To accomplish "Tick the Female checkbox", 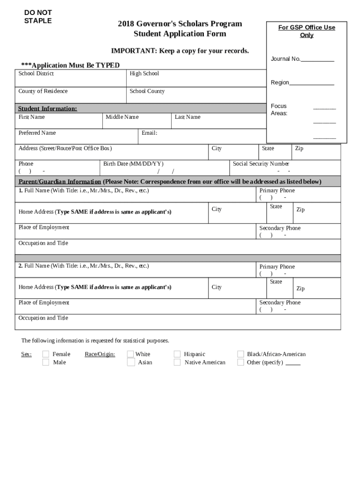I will pyautogui.click(x=45, y=354).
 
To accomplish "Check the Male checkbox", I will pyautogui.click(x=45, y=362).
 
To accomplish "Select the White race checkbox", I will pyautogui.click(x=130, y=354).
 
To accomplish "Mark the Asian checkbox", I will pyautogui.click(x=130, y=362).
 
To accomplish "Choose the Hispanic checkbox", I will pyautogui.click(x=177, y=354).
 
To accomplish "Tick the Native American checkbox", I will pyautogui.click(x=177, y=362).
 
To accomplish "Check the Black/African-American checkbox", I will pyautogui.click(x=240, y=354).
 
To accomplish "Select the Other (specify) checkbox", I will pyautogui.click(x=240, y=362).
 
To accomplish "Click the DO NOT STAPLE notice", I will pyautogui.click(x=38, y=16).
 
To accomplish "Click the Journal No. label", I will pyautogui.click(x=286, y=59).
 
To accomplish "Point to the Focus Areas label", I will pyautogui.click(x=279, y=109).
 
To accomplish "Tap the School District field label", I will pyautogui.click(x=36, y=73).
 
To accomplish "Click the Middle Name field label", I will pyautogui.click(x=122, y=117).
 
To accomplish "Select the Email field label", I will pyautogui.click(x=149, y=133).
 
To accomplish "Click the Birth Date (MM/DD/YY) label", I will pyautogui.click(x=133, y=164).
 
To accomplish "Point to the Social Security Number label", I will pyautogui.click(x=261, y=164).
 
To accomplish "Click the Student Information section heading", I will pyautogui.click(x=47, y=109).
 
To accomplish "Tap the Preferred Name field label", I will pyautogui.click(x=37, y=133).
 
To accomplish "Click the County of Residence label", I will pyautogui.click(x=43, y=91).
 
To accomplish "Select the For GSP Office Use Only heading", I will pyautogui.click(x=307, y=31).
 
